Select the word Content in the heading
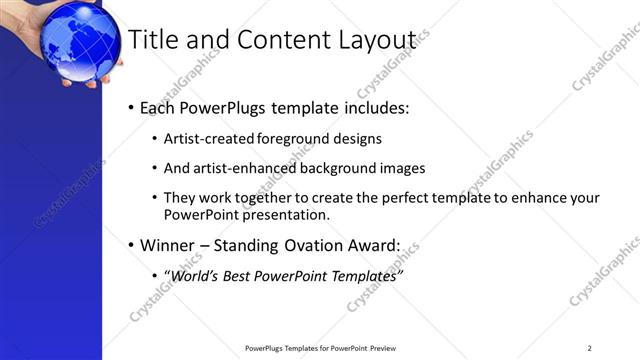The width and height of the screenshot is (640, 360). (x=269, y=39)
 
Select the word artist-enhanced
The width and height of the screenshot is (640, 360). (x=236, y=168)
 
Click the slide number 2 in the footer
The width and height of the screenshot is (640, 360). (x=590, y=348)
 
